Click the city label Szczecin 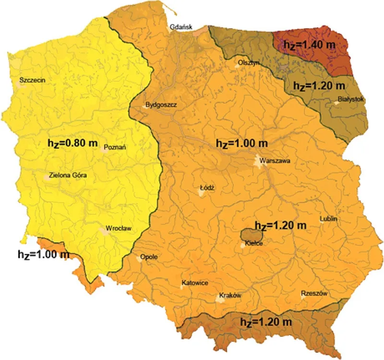click(32, 80)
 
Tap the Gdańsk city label click(181, 27)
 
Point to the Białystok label click(351, 99)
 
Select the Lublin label click(329, 219)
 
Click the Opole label click(149, 257)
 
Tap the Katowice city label click(194, 283)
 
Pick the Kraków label click(229, 296)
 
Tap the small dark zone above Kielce click(252, 235)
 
